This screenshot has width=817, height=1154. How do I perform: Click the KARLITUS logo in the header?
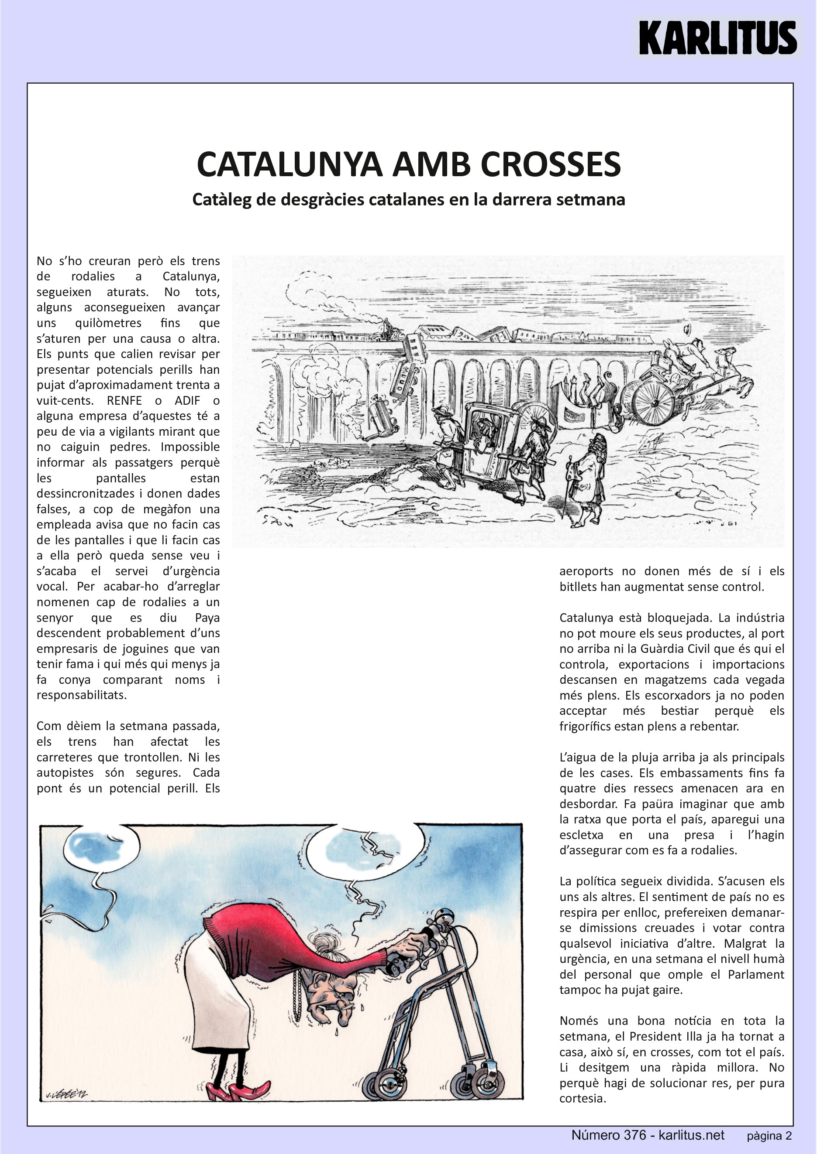point(717,38)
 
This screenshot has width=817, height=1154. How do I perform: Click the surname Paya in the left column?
point(207,618)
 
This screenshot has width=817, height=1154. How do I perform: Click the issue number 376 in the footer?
point(635,1135)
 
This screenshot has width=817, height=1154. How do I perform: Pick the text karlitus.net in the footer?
point(691,1135)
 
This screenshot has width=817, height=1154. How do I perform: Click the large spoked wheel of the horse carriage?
point(652,402)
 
